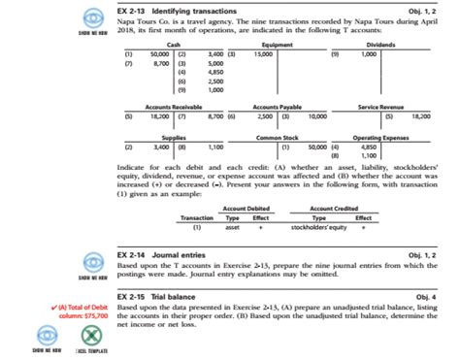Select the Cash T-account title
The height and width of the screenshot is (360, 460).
(x=174, y=45)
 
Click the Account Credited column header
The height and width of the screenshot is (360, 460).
(x=335, y=209)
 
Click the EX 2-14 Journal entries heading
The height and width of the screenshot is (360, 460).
(x=164, y=253)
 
